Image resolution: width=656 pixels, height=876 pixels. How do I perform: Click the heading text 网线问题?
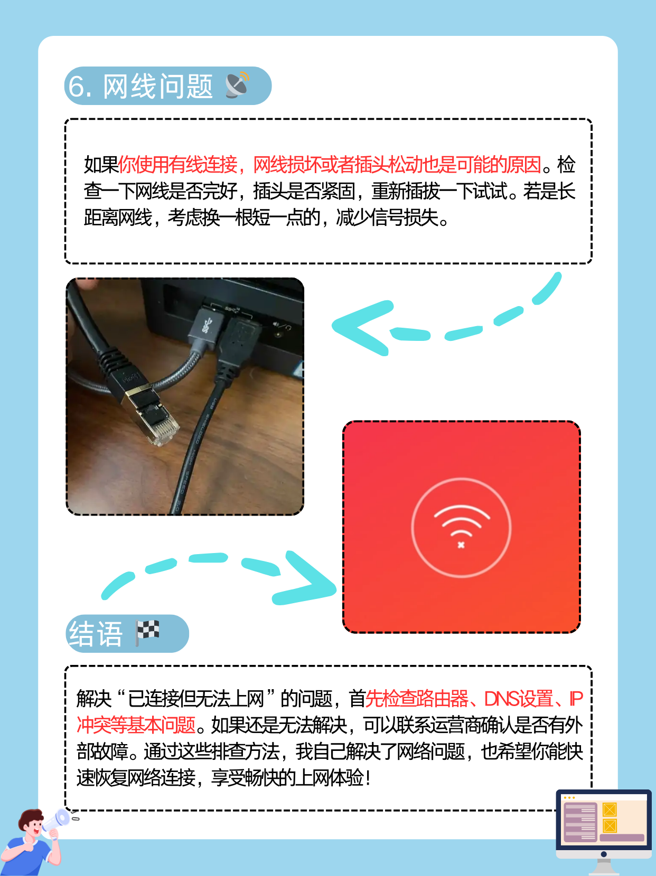[x=157, y=87]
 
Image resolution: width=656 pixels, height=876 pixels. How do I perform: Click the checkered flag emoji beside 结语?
[x=147, y=632]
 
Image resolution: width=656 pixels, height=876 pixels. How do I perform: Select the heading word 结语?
[x=96, y=634]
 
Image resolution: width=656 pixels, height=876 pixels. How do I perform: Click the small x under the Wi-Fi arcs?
[x=461, y=545]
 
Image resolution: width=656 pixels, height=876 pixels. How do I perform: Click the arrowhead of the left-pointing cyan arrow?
[x=359, y=327]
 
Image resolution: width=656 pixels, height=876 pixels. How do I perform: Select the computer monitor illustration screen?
[x=603, y=821]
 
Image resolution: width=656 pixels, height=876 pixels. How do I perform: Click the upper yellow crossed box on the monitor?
[x=610, y=810]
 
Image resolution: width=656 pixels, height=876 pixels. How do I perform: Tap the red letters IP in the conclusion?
[x=576, y=699]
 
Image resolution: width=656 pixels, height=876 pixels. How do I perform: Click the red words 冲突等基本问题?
[x=136, y=725]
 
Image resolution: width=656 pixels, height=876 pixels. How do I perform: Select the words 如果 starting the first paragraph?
[x=101, y=165]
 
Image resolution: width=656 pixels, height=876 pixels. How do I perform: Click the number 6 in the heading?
[x=77, y=87]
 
